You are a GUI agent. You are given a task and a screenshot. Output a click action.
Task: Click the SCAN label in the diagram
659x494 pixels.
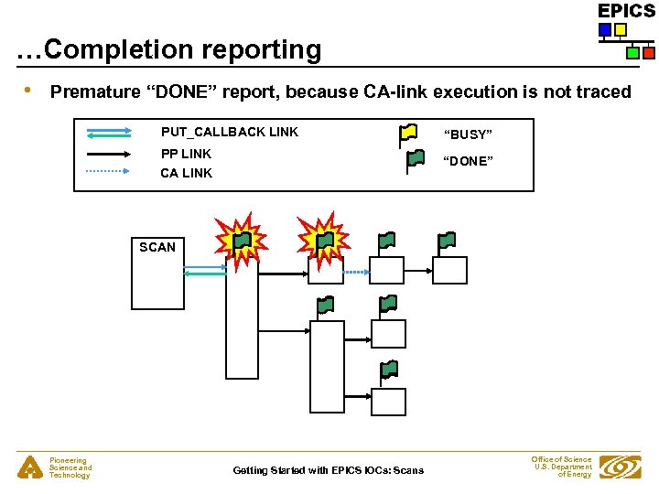[157, 247]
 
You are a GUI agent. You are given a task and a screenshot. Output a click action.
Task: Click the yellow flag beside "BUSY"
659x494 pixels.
[407, 134]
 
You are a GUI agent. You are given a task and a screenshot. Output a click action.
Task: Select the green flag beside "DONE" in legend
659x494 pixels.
[415, 160]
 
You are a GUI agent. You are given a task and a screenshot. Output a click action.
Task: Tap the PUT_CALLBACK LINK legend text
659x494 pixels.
[230, 132]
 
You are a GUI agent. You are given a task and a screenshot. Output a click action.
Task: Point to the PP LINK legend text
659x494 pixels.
[186, 154]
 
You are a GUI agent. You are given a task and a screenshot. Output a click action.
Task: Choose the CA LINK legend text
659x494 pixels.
[186, 173]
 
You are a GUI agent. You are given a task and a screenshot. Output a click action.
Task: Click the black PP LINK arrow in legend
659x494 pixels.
[111, 155]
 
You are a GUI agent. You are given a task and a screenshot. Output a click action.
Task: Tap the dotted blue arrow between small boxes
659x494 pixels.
[355, 272]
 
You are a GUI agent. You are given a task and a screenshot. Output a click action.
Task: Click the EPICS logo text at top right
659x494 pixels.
[626, 11]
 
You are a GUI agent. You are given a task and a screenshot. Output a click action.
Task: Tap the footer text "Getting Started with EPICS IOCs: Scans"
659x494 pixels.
[328, 470]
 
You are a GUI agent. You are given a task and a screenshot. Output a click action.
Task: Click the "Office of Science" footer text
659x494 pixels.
[561, 459]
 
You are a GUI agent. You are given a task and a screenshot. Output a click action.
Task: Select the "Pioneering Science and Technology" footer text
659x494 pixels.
[70, 467]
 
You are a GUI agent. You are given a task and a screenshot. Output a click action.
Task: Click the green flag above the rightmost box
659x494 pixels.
[446, 242]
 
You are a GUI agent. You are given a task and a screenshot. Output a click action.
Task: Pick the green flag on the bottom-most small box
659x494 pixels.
[389, 370]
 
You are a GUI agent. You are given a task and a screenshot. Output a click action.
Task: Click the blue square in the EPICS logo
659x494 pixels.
[604, 30]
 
